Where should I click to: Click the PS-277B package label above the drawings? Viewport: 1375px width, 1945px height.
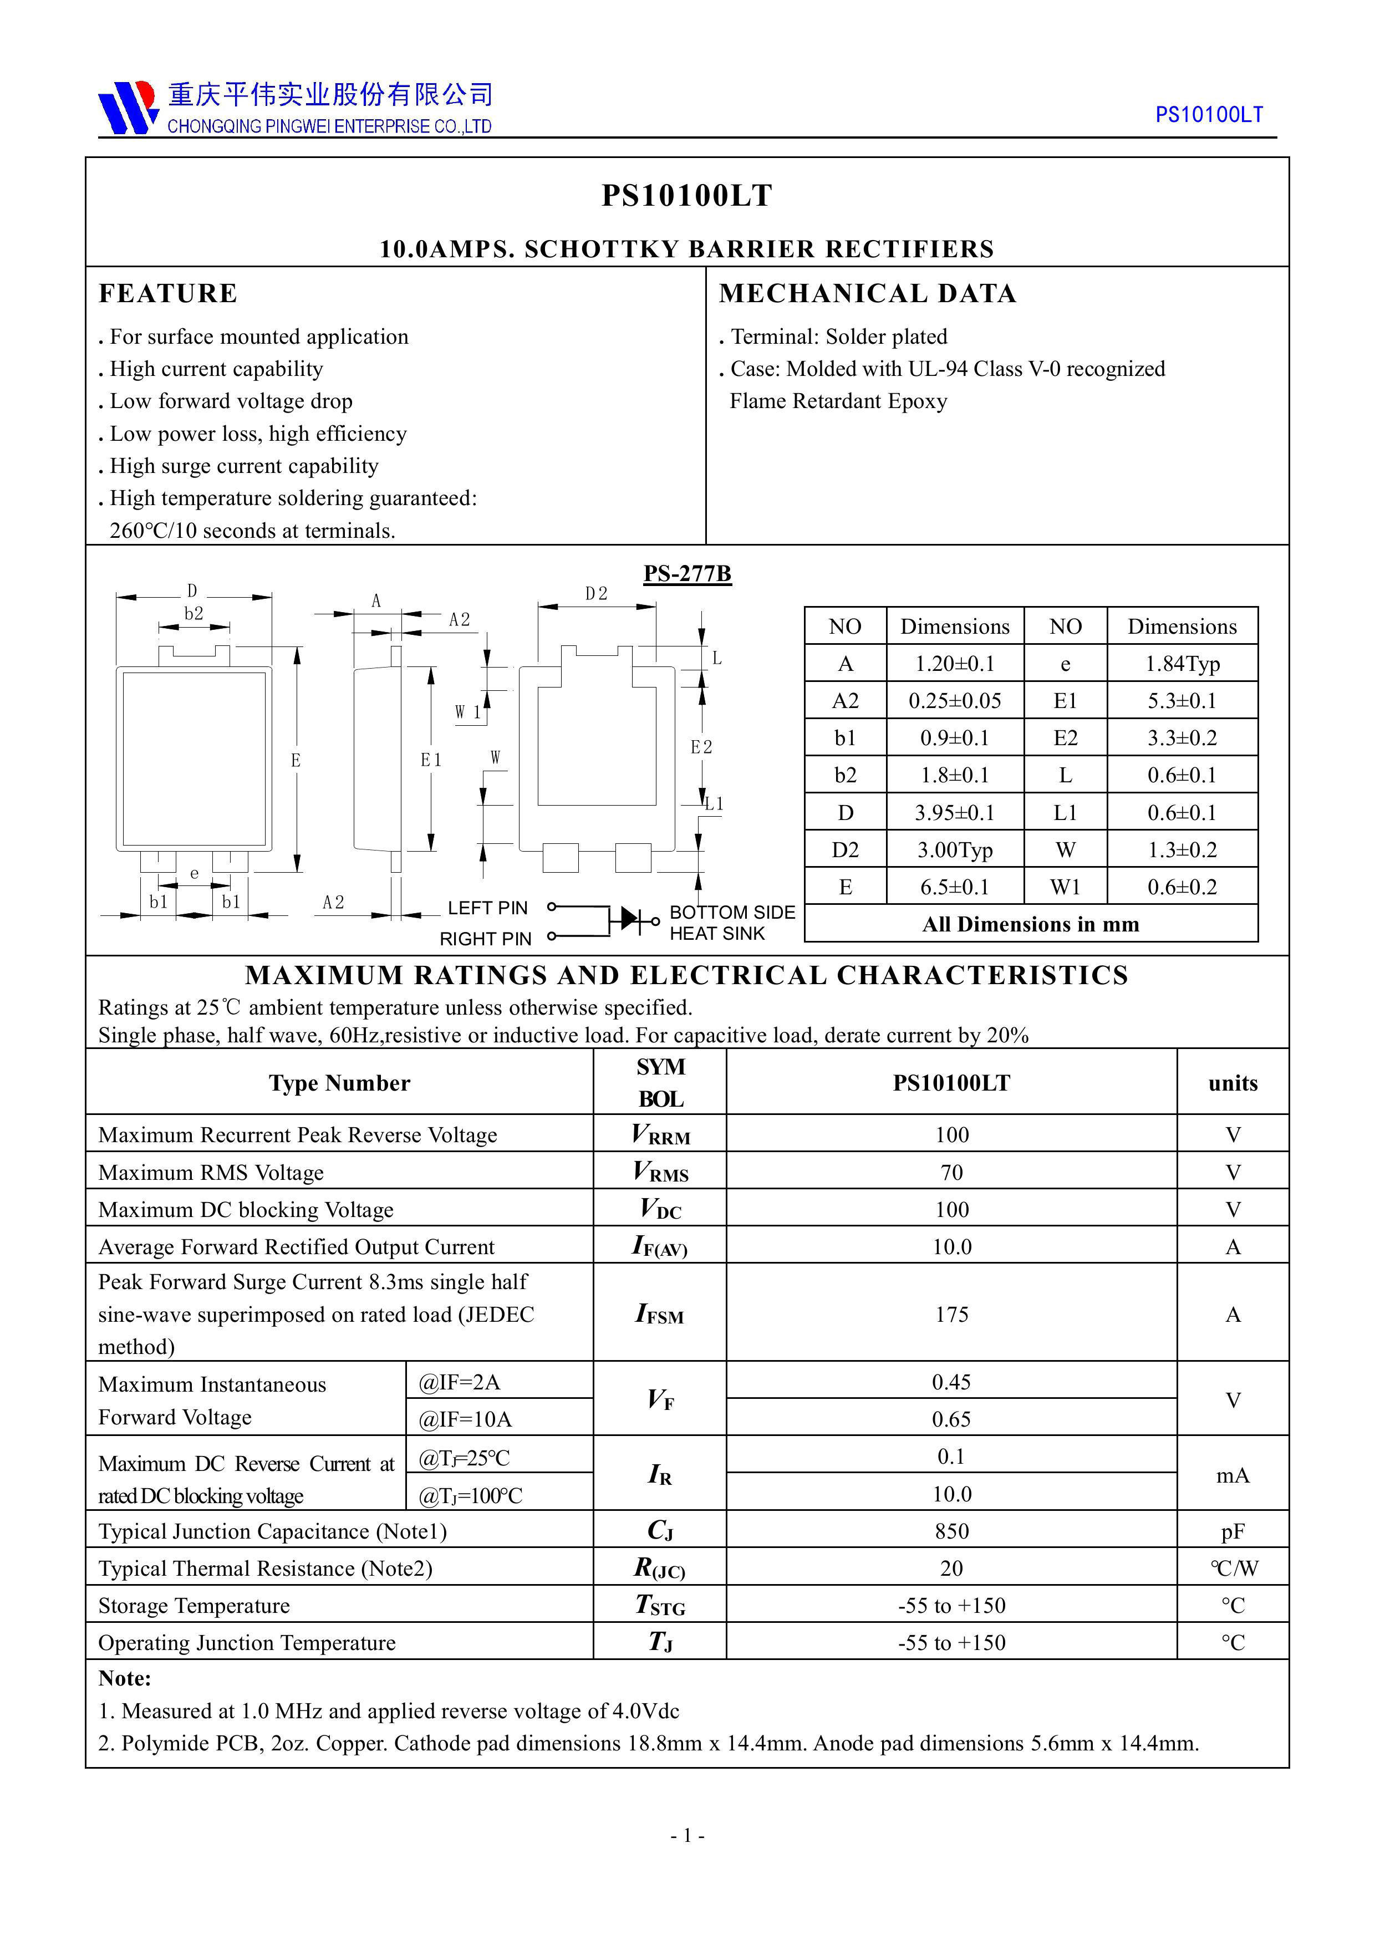click(x=686, y=573)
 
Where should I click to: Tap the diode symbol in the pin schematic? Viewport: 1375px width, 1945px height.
click(x=629, y=918)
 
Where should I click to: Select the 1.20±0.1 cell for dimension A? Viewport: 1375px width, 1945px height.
click(x=954, y=663)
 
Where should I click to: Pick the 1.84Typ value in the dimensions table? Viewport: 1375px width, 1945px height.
click(x=1182, y=663)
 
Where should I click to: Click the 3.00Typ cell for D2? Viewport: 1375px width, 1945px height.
click(x=954, y=849)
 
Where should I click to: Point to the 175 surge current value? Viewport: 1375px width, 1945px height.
click(x=951, y=1314)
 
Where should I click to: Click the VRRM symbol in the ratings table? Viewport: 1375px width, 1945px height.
click(x=660, y=1134)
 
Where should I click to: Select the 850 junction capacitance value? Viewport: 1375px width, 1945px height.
click(x=951, y=1531)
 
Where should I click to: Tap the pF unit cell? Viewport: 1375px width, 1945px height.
click(x=1233, y=1531)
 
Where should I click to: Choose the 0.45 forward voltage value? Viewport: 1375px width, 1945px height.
click(x=951, y=1382)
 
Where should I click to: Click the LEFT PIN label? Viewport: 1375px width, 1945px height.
click(x=487, y=908)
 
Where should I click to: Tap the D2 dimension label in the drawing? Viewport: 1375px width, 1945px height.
click(x=597, y=594)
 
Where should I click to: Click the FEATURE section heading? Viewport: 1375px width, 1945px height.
click(x=168, y=293)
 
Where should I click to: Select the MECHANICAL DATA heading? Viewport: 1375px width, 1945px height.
click(x=868, y=293)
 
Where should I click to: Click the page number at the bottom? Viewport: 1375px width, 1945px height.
click(x=687, y=1836)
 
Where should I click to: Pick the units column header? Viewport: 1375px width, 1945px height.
click(x=1233, y=1083)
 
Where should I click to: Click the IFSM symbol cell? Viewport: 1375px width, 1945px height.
click(x=660, y=1314)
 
